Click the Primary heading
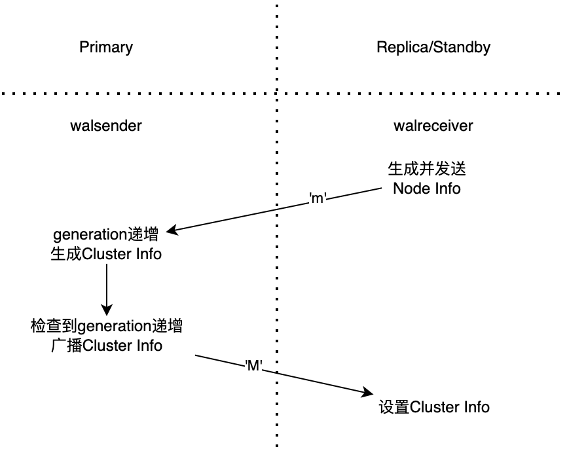(x=106, y=47)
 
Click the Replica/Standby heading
(x=433, y=47)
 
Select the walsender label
(x=106, y=126)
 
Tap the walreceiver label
(x=433, y=126)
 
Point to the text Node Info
(x=426, y=189)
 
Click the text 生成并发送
(x=426, y=170)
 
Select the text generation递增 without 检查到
(x=106, y=235)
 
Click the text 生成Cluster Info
(x=106, y=254)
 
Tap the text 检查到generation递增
(x=106, y=325)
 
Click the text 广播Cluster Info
(x=106, y=345)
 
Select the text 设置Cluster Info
(x=433, y=406)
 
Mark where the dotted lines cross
(x=276, y=94)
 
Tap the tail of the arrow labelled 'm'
(x=380, y=188)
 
